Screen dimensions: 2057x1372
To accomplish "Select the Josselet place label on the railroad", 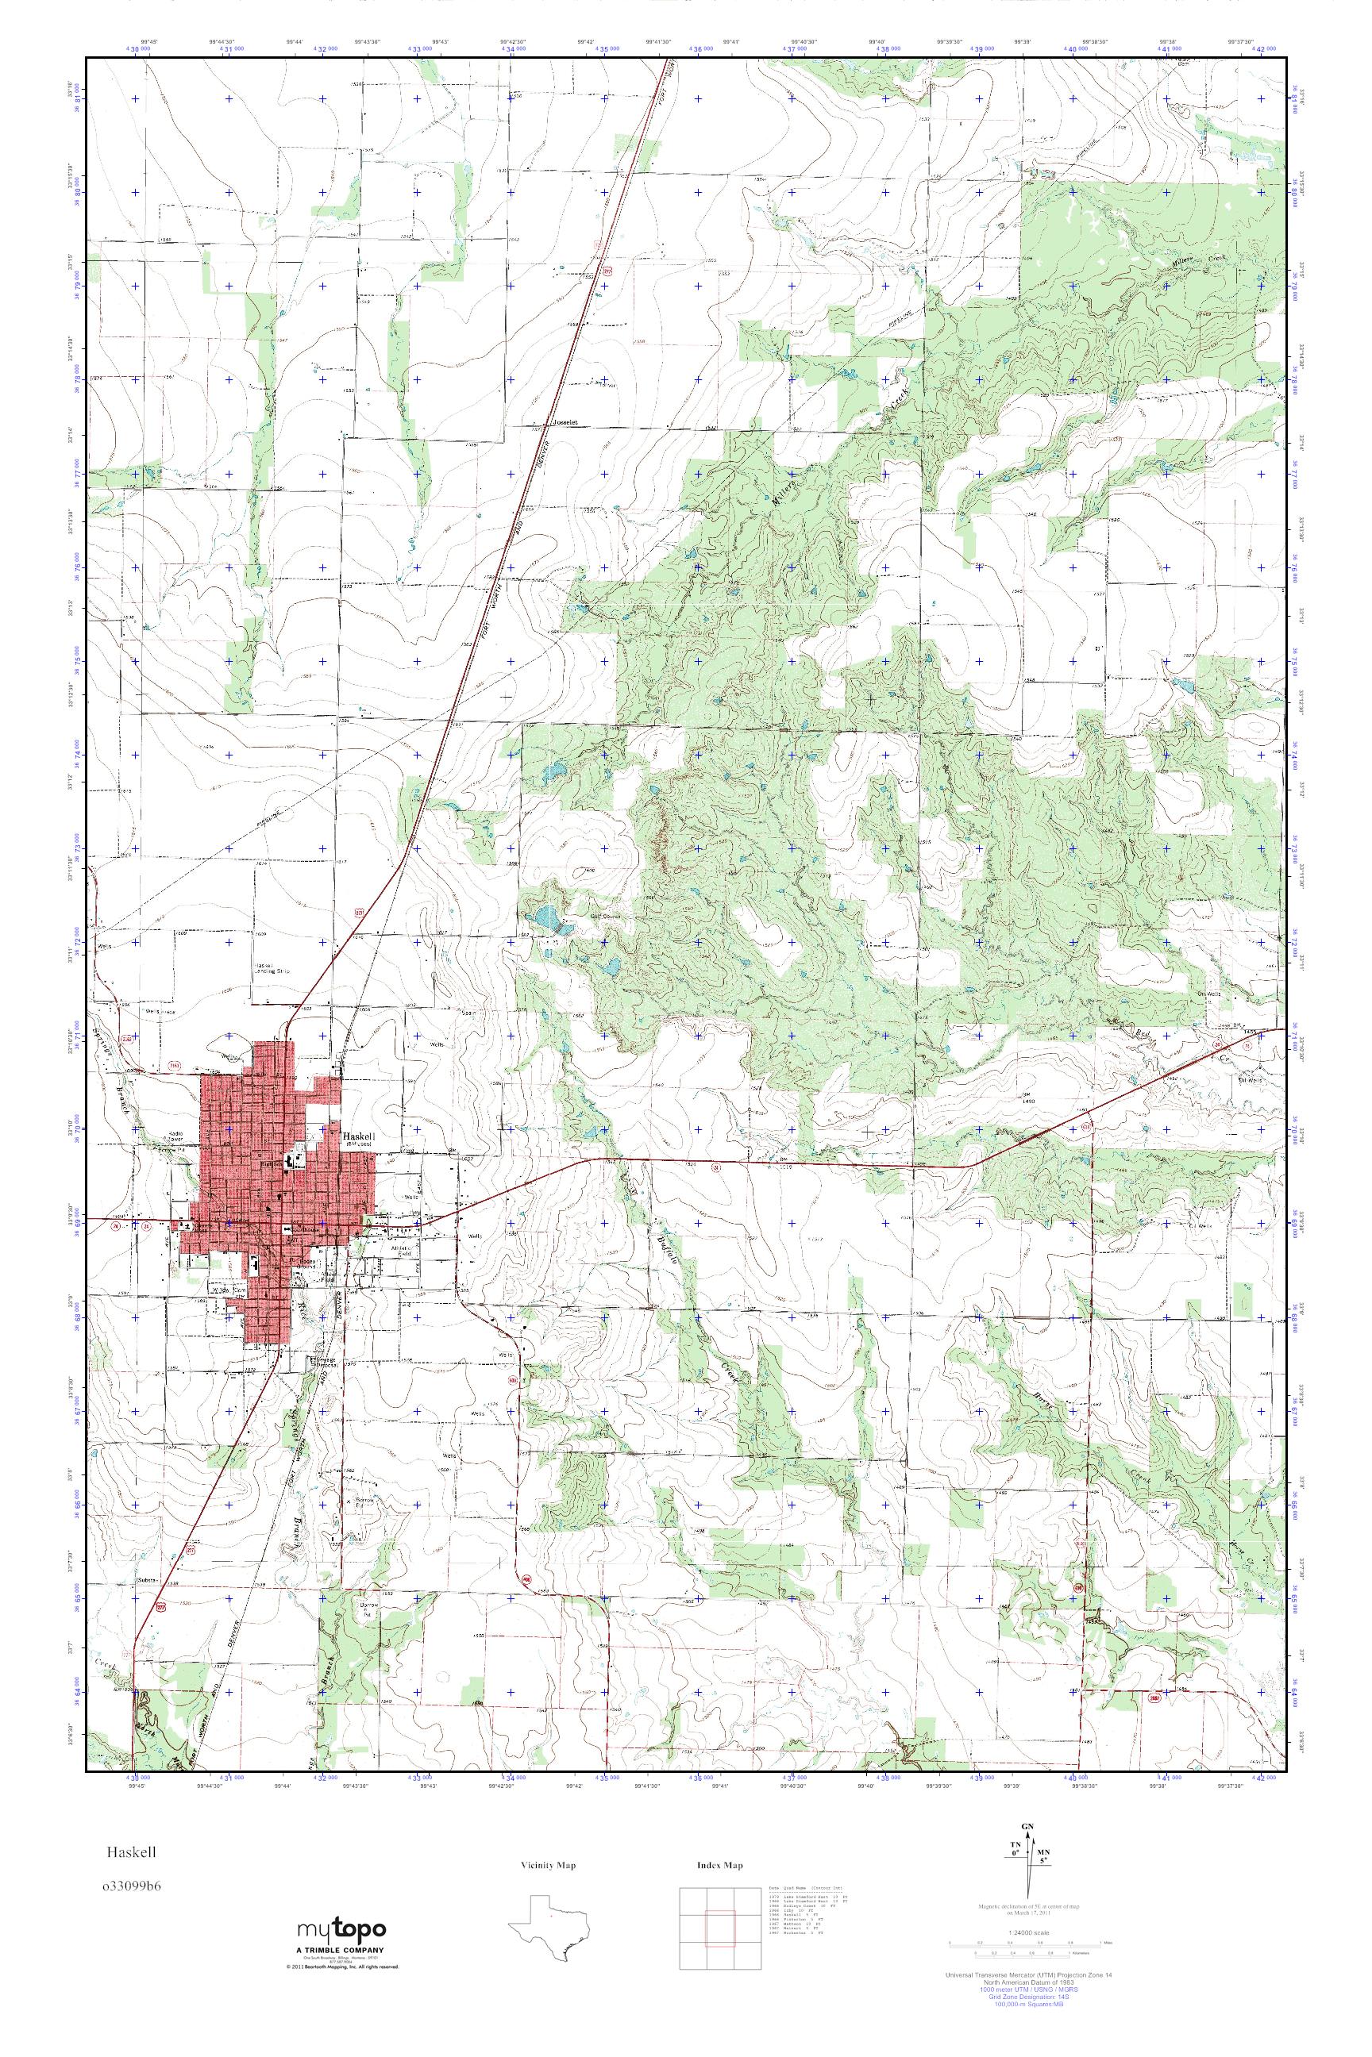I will click(567, 421).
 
